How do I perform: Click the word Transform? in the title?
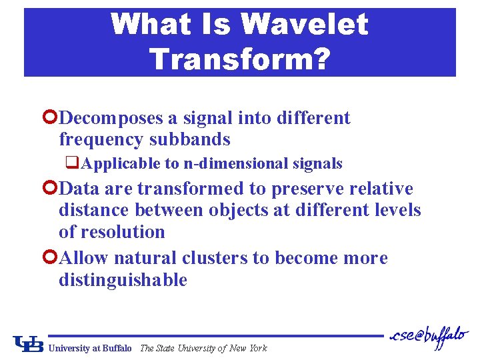239,59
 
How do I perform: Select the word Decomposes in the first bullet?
111,118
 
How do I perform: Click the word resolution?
122,232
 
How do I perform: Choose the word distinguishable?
123,280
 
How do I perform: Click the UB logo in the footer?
28,343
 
